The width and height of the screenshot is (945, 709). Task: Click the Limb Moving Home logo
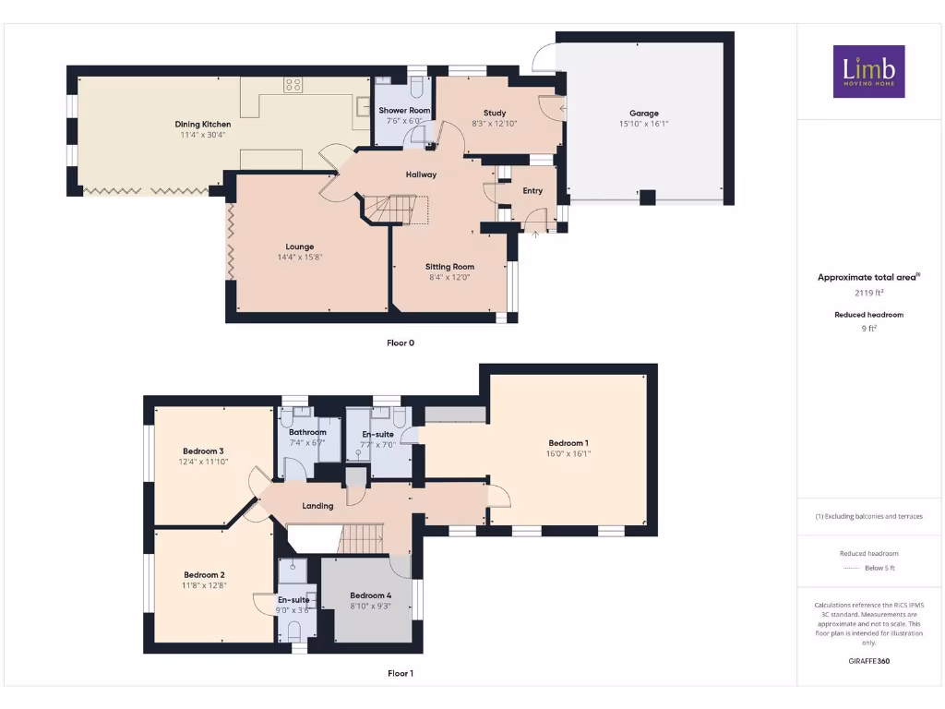tap(868, 71)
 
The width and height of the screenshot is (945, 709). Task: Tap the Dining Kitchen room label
tap(203, 124)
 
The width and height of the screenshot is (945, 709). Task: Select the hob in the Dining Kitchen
tap(293, 85)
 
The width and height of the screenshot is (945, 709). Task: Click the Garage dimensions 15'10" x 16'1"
tap(644, 124)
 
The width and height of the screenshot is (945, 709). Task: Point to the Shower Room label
tap(404, 110)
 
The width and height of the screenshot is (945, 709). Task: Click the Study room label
tap(495, 113)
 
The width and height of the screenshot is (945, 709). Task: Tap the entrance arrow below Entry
tap(535, 234)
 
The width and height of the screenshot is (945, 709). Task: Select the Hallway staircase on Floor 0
tap(395, 209)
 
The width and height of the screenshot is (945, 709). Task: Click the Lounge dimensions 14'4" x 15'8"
tap(300, 258)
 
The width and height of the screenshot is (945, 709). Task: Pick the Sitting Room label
tap(449, 267)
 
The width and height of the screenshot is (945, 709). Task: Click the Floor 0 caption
tap(401, 342)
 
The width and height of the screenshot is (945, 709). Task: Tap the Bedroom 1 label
tap(567, 443)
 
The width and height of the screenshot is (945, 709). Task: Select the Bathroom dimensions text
tap(307, 442)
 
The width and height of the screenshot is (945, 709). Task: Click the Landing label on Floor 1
tap(318, 506)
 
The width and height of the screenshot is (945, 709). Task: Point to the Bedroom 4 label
tap(370, 595)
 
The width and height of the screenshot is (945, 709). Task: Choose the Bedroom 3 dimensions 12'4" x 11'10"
tap(203, 462)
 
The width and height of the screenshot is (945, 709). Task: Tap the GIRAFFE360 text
tap(868, 661)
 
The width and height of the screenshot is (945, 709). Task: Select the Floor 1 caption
tap(401, 674)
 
